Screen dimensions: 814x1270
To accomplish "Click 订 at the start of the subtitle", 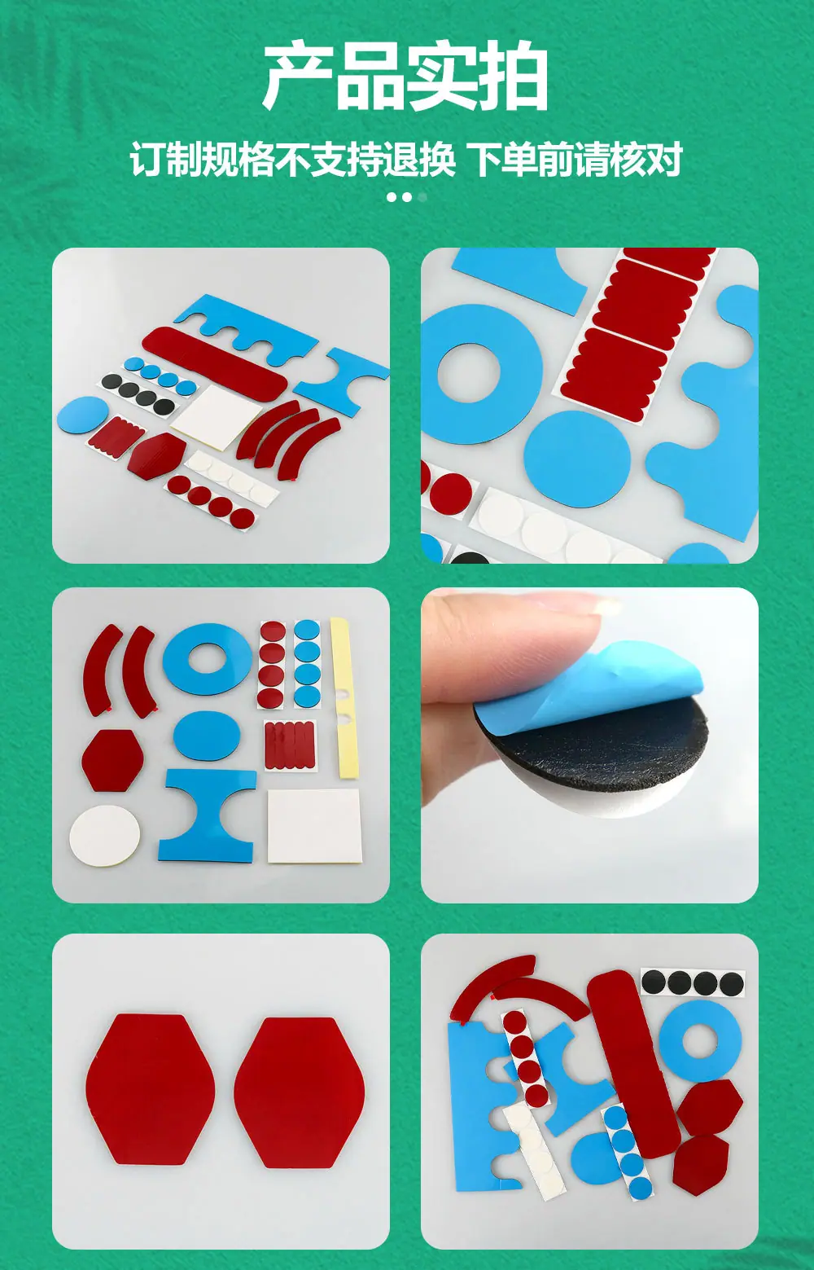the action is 148,159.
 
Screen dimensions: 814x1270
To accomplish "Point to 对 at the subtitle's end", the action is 664,159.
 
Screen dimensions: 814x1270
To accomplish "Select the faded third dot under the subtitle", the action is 422,197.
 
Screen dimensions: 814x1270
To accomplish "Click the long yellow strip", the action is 344,697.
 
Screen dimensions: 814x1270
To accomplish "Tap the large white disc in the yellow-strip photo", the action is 105,835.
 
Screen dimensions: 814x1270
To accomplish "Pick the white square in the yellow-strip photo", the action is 314,825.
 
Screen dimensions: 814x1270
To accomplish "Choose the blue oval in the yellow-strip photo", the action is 207,736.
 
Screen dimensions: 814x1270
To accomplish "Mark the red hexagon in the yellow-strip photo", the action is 112,760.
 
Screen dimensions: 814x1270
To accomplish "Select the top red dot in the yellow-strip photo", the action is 273,631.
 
